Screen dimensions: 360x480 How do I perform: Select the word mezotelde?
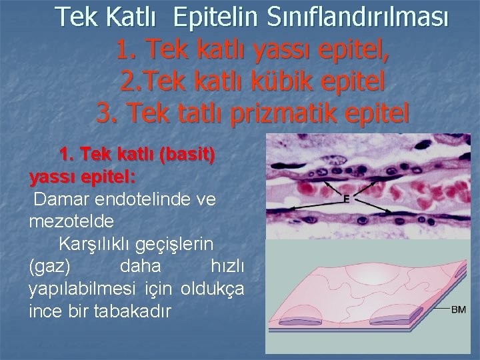click(71, 220)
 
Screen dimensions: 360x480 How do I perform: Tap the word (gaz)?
click(50, 266)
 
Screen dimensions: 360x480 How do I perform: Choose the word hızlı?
click(227, 266)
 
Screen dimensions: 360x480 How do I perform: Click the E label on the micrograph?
click(346, 198)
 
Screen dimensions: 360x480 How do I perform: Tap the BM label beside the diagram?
click(458, 309)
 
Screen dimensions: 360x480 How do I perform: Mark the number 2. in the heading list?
click(130, 82)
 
